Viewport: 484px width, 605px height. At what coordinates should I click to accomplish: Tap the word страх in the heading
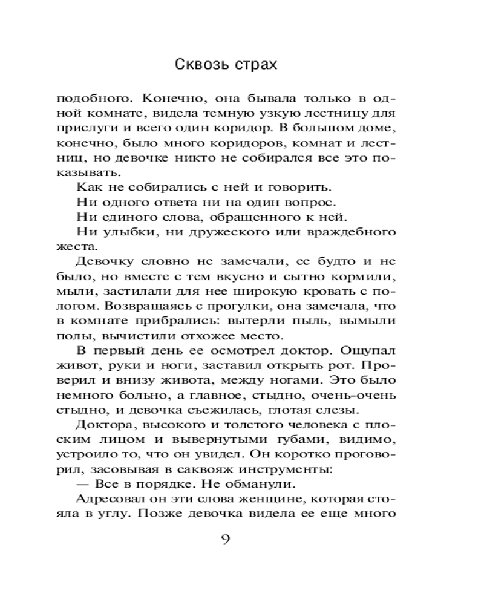253,65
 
